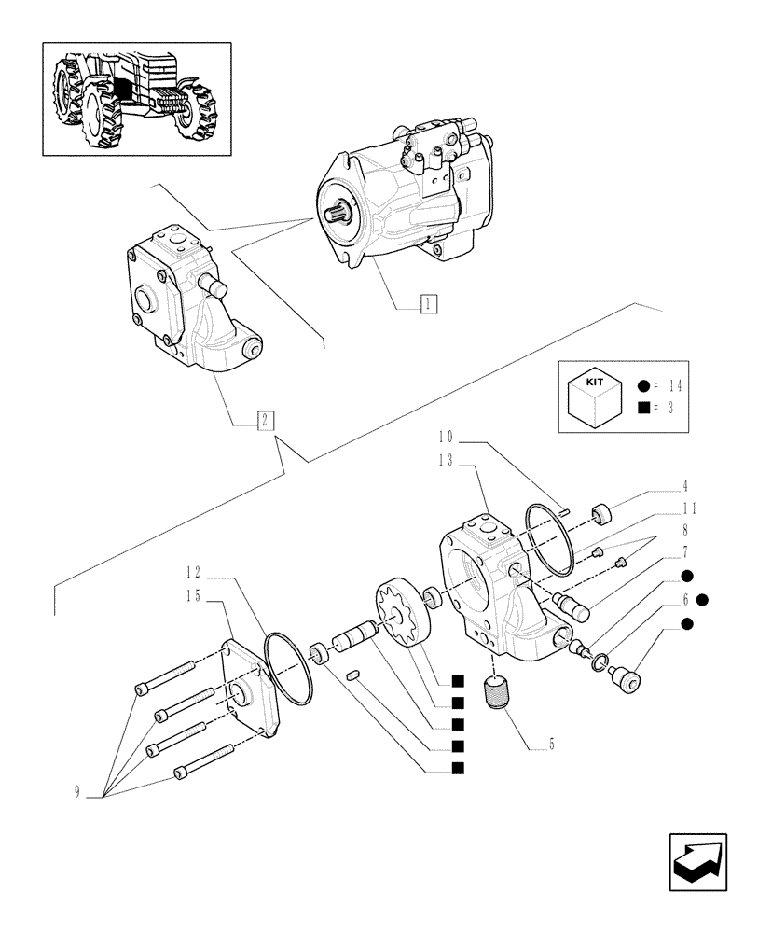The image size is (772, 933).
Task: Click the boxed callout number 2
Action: (x=267, y=420)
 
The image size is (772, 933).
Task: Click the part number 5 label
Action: (x=552, y=745)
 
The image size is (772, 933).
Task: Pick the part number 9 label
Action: (x=77, y=792)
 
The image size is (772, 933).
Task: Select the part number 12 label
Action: (x=193, y=572)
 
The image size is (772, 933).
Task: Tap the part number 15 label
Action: (x=193, y=594)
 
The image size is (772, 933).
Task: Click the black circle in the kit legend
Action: (x=644, y=386)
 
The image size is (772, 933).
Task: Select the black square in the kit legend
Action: (x=644, y=408)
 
